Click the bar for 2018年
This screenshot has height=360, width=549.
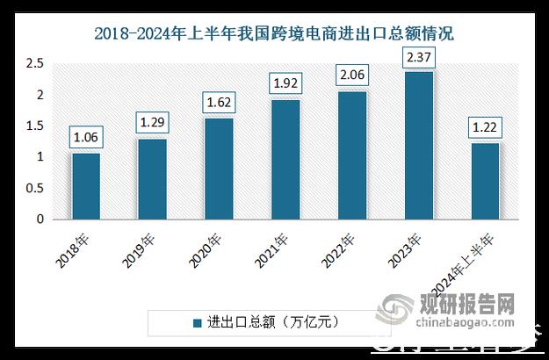86,186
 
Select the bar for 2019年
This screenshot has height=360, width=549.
152,179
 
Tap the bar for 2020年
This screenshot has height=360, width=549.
219,169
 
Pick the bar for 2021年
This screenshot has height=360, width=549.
285,159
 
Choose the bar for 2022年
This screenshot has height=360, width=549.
352,155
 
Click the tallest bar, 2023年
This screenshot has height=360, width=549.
418,145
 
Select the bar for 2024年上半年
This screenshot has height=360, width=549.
485,181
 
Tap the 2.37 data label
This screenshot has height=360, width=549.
418,56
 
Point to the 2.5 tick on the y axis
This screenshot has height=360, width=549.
34,64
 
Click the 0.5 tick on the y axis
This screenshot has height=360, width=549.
34,189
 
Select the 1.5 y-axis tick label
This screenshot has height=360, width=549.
34,126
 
